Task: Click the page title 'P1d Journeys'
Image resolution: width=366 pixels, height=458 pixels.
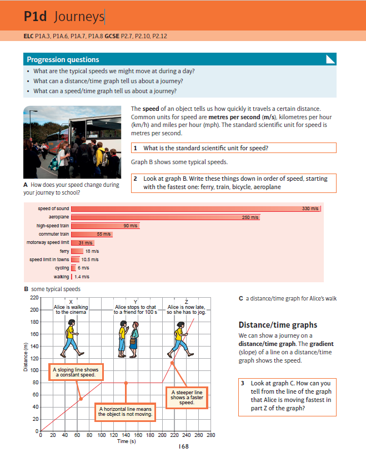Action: coord(64,17)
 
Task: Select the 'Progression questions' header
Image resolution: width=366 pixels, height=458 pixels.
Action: coord(63,59)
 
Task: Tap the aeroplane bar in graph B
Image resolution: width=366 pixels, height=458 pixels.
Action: coord(165,217)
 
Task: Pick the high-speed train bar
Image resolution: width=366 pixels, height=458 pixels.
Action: coord(105,226)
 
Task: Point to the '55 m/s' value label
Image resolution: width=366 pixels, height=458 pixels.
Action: coord(104,235)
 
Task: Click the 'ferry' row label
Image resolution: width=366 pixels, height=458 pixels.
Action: coord(64,251)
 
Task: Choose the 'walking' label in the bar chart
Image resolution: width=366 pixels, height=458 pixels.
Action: coord(61,276)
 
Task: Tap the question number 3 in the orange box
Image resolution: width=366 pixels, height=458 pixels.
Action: coord(243,383)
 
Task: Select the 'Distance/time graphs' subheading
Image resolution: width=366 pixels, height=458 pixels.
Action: coord(278,325)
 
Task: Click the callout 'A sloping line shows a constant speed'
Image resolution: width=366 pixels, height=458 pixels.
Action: coord(75,372)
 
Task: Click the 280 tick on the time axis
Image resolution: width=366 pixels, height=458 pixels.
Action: coord(210,436)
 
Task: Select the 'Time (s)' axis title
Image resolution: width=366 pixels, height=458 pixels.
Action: coord(126,441)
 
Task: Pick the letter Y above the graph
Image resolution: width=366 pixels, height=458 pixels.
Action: coord(136,300)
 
